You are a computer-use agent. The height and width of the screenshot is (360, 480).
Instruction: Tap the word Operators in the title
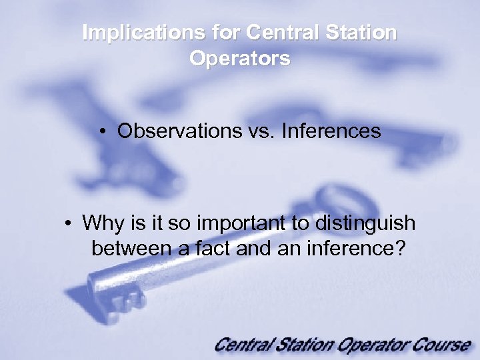click(239, 58)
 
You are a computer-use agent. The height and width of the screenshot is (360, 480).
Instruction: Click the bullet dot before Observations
click(105, 131)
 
